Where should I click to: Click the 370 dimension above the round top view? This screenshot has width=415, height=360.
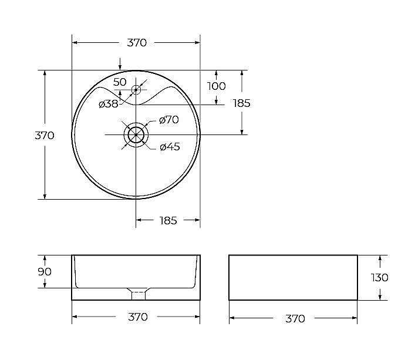[137, 43]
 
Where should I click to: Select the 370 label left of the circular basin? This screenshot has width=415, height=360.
[45, 135]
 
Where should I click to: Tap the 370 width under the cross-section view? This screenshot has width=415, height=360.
[137, 317]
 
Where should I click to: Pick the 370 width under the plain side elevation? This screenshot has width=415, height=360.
[295, 318]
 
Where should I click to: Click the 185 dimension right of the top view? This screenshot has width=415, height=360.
[241, 103]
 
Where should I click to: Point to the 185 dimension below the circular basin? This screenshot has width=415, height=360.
[168, 220]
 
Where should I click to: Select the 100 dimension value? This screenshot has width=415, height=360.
[216, 86]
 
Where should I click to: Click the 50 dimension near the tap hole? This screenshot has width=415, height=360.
[120, 82]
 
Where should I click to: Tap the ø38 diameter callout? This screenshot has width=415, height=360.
[108, 104]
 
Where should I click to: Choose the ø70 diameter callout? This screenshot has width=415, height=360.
[169, 120]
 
